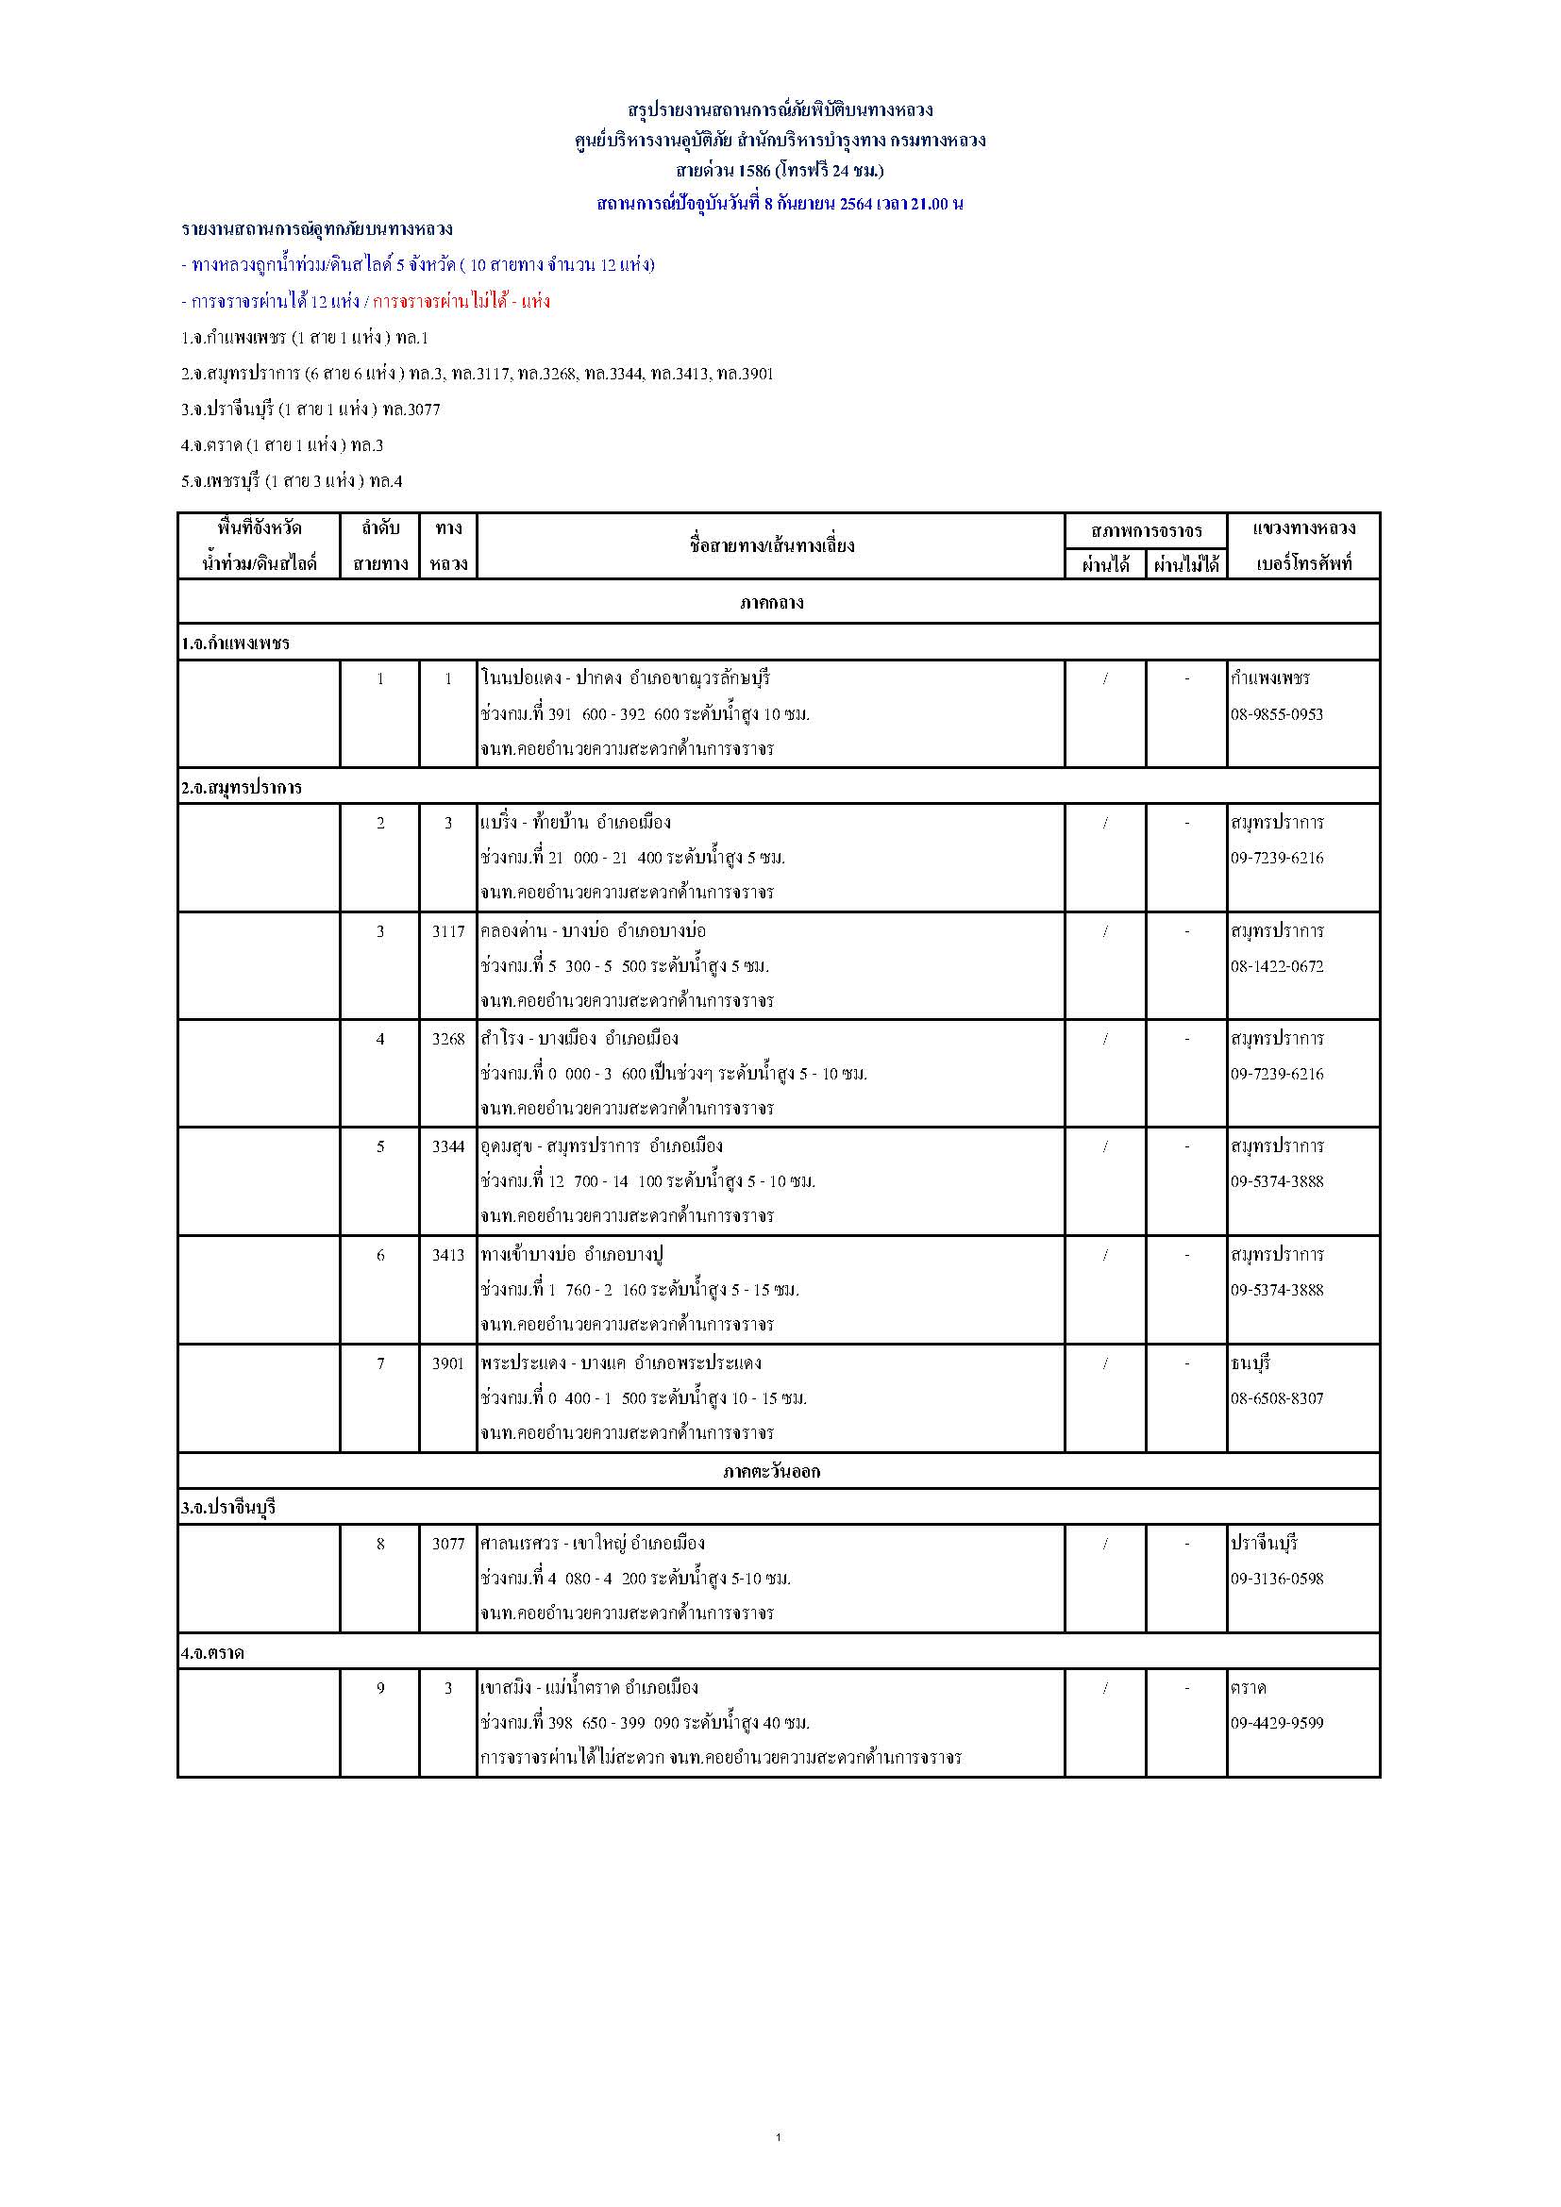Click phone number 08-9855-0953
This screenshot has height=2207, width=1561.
pos(1277,714)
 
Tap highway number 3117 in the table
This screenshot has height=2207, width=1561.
pos(448,930)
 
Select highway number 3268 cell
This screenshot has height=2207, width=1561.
pos(448,1038)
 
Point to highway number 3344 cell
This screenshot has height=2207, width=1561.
pos(448,1145)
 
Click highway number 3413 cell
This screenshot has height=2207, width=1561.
pos(448,1254)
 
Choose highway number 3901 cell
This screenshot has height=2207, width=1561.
pos(448,1363)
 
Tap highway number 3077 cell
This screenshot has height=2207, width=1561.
pos(448,1543)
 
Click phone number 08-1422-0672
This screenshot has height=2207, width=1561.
pos(1277,966)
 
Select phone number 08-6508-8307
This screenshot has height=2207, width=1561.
pos(1277,1398)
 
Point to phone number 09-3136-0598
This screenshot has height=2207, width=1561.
pos(1277,1579)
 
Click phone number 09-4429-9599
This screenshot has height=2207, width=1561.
pos(1277,1723)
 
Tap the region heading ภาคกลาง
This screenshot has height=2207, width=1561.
pos(772,603)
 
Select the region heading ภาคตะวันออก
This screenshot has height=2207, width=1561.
pos(772,1471)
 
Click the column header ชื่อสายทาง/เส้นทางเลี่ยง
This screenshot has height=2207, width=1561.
pos(772,546)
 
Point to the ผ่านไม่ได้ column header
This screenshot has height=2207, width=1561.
pos(1186,564)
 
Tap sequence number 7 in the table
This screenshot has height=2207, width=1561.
pos(380,1363)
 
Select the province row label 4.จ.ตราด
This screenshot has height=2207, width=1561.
pos(212,1652)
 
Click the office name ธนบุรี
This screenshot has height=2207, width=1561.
pos(1250,1363)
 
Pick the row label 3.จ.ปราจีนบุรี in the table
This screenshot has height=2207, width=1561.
pos(227,1507)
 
